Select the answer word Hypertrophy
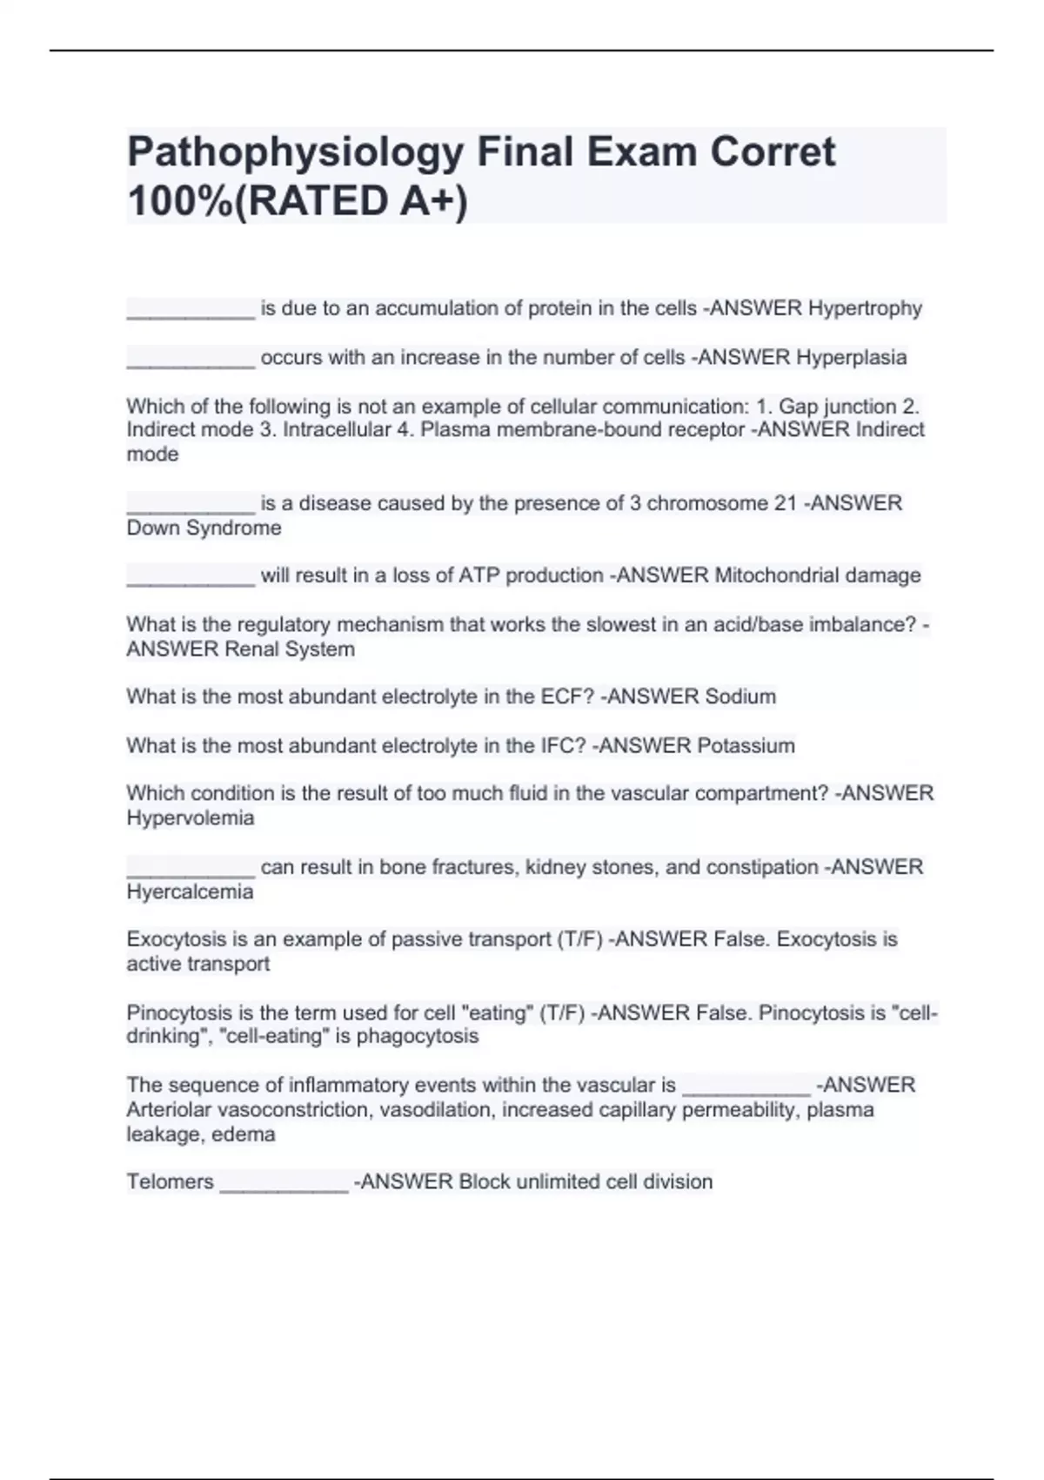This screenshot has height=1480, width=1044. coord(865,308)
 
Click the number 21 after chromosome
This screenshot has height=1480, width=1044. coord(785,503)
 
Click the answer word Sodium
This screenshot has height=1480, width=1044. coord(740,696)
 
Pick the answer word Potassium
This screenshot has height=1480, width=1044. coord(750,746)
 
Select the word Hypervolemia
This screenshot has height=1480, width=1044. coord(191,818)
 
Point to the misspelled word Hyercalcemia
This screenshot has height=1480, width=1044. coord(190,891)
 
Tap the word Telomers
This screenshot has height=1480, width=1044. coord(170,1181)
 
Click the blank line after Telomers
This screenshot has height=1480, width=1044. coord(284,1184)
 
